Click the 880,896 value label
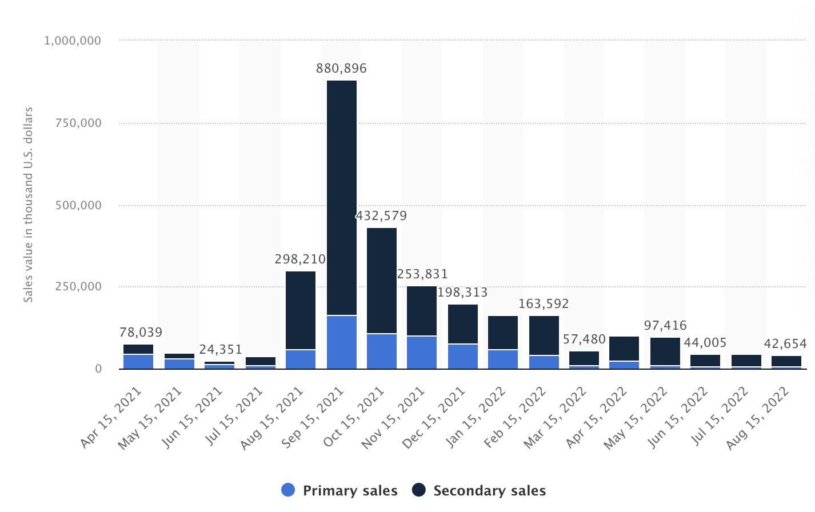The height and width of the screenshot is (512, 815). pos(341,69)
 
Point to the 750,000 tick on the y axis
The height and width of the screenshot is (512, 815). pos(78,123)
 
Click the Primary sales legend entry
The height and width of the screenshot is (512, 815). pos(339,490)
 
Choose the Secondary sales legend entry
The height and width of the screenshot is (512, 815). pos(479,490)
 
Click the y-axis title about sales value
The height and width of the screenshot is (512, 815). pos(29,205)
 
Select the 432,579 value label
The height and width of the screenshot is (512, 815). pos(381,216)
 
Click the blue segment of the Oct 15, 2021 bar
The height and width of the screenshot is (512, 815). pos(382,351)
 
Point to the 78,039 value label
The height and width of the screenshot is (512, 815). pos(141,333)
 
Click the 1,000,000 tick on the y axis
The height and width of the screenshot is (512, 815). pos(73,41)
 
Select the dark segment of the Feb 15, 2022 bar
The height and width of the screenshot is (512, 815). pos(544,335)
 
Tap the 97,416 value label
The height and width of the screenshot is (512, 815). pos(665,326)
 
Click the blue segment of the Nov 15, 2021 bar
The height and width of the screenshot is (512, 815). pos(422,352)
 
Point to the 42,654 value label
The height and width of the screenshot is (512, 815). pos(785,344)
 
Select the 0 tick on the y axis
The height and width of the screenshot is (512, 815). pos(98,369)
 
